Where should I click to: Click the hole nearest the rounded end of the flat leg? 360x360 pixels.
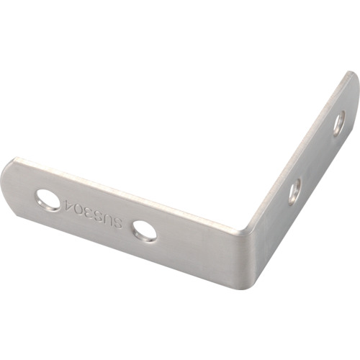(x=48, y=200)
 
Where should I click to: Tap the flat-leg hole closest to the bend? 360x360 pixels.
(x=145, y=230)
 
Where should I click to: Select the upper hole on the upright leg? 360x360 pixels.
(x=340, y=122)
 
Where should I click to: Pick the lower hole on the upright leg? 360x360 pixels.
(x=295, y=192)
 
